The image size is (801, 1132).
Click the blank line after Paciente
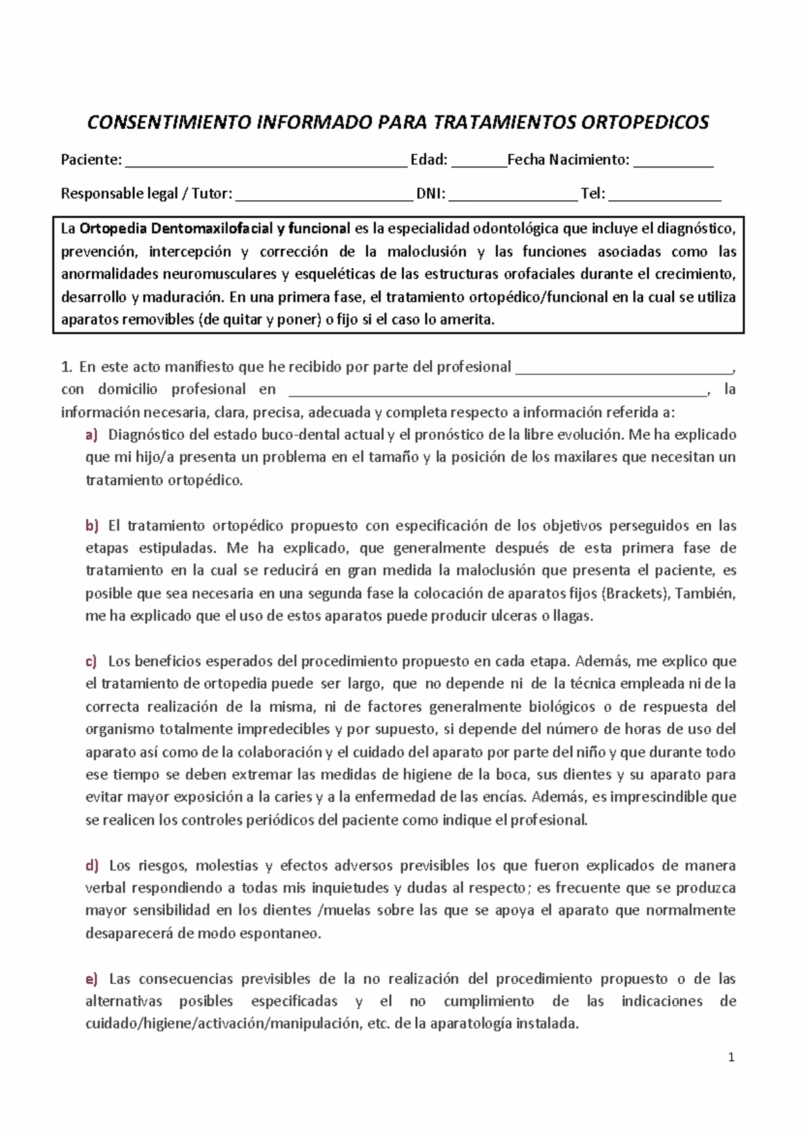point(266,164)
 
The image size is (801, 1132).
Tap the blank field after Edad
point(479,164)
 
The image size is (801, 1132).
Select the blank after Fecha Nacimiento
point(673,164)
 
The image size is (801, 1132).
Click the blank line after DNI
point(513,198)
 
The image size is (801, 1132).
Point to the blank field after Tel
point(665,198)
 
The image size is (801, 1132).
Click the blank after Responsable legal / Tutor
point(324,198)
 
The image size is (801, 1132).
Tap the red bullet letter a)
point(91,435)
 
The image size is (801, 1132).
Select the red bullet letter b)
point(91,526)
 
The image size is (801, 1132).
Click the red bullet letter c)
point(91,661)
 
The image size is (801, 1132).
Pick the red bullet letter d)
point(91,866)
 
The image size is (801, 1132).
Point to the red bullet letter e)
point(91,979)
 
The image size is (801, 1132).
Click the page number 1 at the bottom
point(732,1057)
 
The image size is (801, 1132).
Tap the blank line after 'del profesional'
point(624,371)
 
